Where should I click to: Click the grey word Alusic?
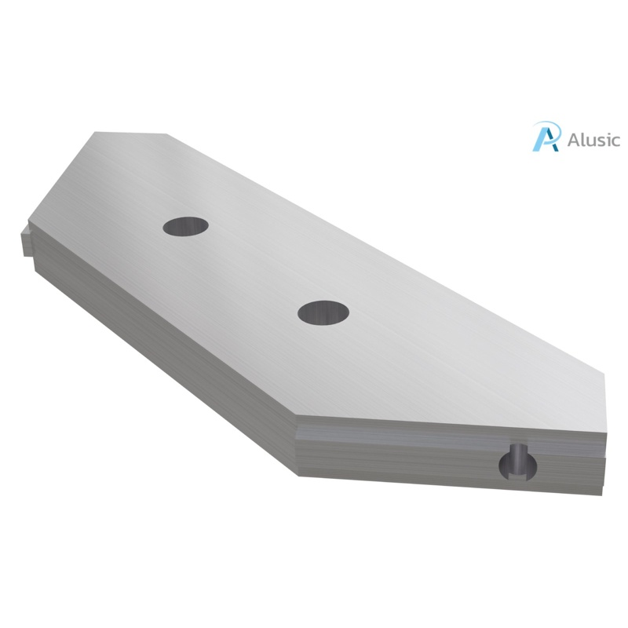(x=591, y=140)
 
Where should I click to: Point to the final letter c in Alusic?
(x=615, y=141)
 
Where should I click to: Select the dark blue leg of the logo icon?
(x=552, y=141)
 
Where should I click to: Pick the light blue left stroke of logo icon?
(x=540, y=138)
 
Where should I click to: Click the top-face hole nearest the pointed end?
(x=186, y=226)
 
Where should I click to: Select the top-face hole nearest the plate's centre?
(x=323, y=312)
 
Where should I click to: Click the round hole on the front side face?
(x=519, y=462)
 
